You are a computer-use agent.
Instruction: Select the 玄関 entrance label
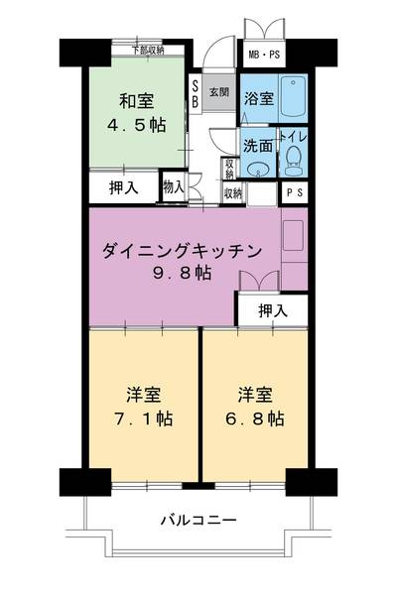(219, 92)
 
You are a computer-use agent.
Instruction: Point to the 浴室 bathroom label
(259, 98)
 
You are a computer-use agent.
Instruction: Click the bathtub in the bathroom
(292, 96)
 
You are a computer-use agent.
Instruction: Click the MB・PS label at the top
(263, 54)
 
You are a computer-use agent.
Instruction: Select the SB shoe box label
(195, 95)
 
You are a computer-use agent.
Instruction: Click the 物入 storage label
(174, 185)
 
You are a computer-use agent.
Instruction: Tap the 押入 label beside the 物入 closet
(123, 187)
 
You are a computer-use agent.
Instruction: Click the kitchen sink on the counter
(296, 235)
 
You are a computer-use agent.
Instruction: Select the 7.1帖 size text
(144, 418)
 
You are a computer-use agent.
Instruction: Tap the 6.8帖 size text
(256, 418)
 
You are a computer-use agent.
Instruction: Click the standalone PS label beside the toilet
(295, 193)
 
